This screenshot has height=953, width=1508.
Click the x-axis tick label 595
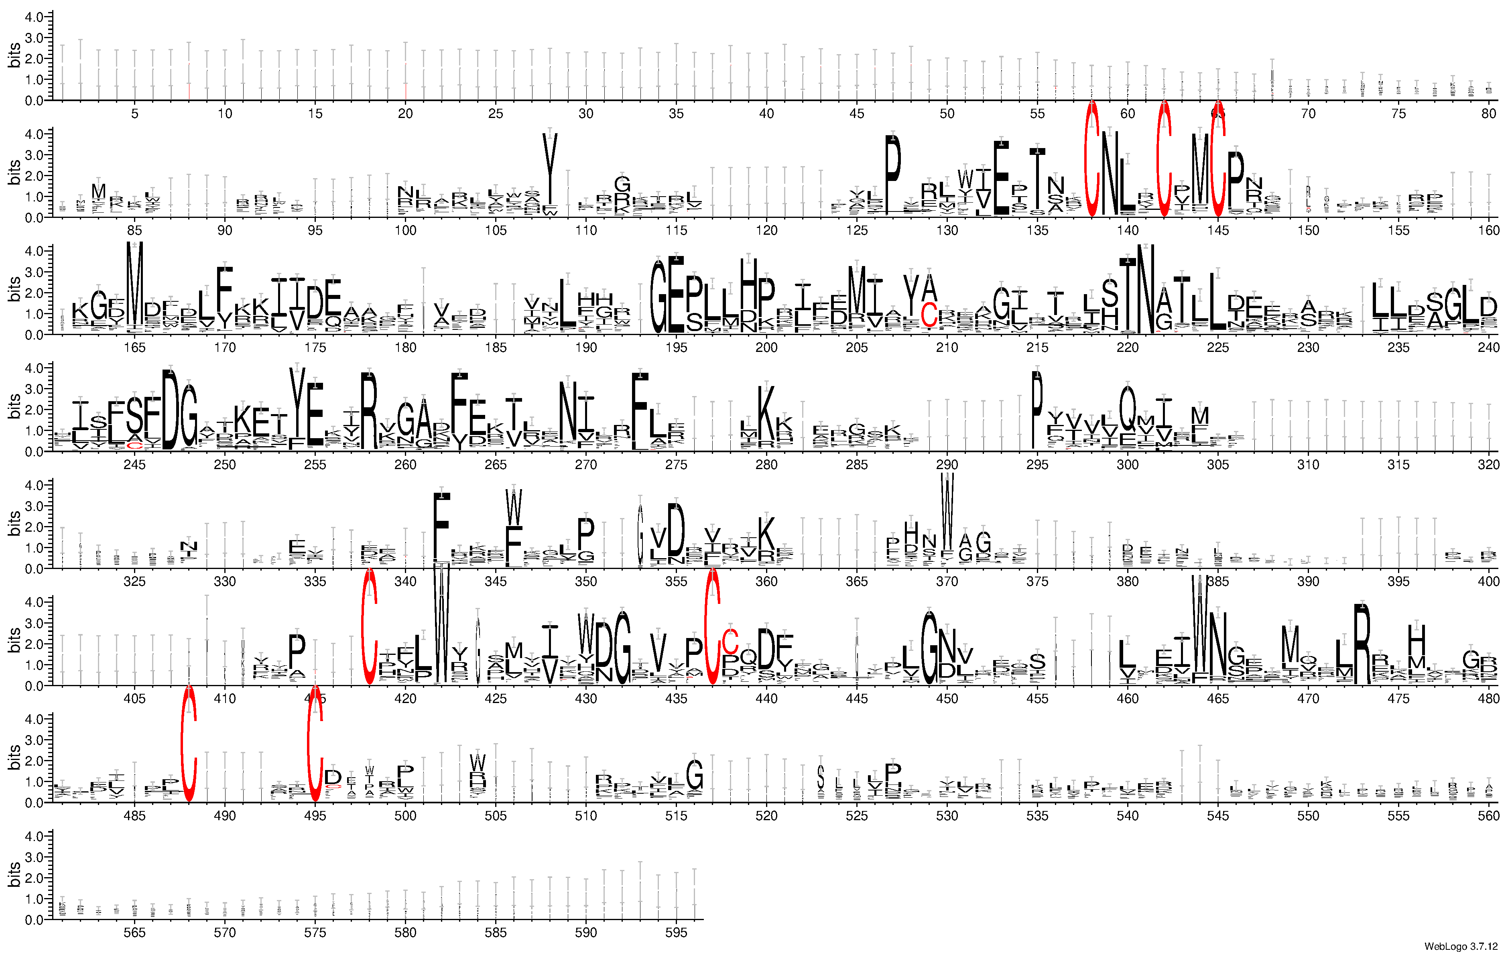676,933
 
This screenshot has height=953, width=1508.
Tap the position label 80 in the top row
1488,113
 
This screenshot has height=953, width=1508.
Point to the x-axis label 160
1488,230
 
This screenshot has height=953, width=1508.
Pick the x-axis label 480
1488,698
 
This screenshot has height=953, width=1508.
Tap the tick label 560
1488,815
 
